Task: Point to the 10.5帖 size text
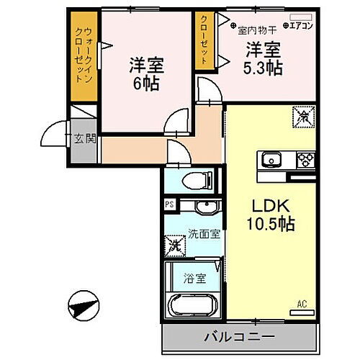[271, 223]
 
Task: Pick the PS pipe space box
[170, 204]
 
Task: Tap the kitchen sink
[271, 159]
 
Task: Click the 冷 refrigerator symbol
[304, 113]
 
